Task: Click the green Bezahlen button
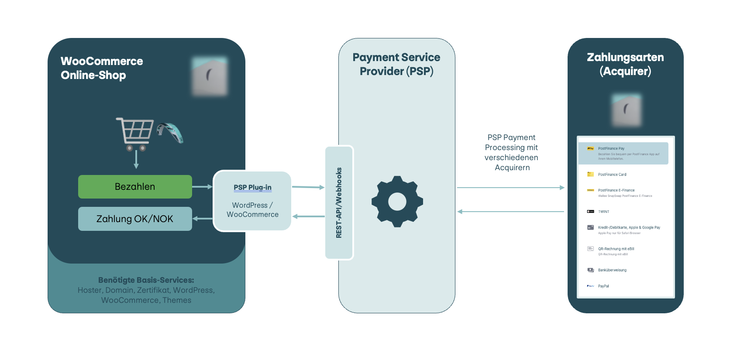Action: tap(135, 187)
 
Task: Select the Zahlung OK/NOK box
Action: tap(135, 219)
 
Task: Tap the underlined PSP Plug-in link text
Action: tap(252, 187)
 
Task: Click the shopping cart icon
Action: tap(134, 134)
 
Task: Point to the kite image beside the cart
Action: tap(170, 133)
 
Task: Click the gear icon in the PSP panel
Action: tap(397, 202)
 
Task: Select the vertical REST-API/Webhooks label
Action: tap(339, 203)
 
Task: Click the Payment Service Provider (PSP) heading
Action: tap(396, 64)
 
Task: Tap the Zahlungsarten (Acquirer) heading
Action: tap(625, 64)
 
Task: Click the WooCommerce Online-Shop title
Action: tap(102, 68)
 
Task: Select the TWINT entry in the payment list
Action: tap(603, 212)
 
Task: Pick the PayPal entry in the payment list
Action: tap(603, 286)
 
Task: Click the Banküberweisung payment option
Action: tap(612, 270)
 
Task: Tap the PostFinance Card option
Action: tap(612, 175)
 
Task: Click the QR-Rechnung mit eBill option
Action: tap(616, 249)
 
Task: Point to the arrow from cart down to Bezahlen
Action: tap(136, 159)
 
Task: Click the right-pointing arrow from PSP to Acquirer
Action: tap(511, 188)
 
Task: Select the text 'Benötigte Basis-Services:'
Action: tap(146, 280)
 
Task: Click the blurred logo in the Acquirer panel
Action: tap(626, 110)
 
